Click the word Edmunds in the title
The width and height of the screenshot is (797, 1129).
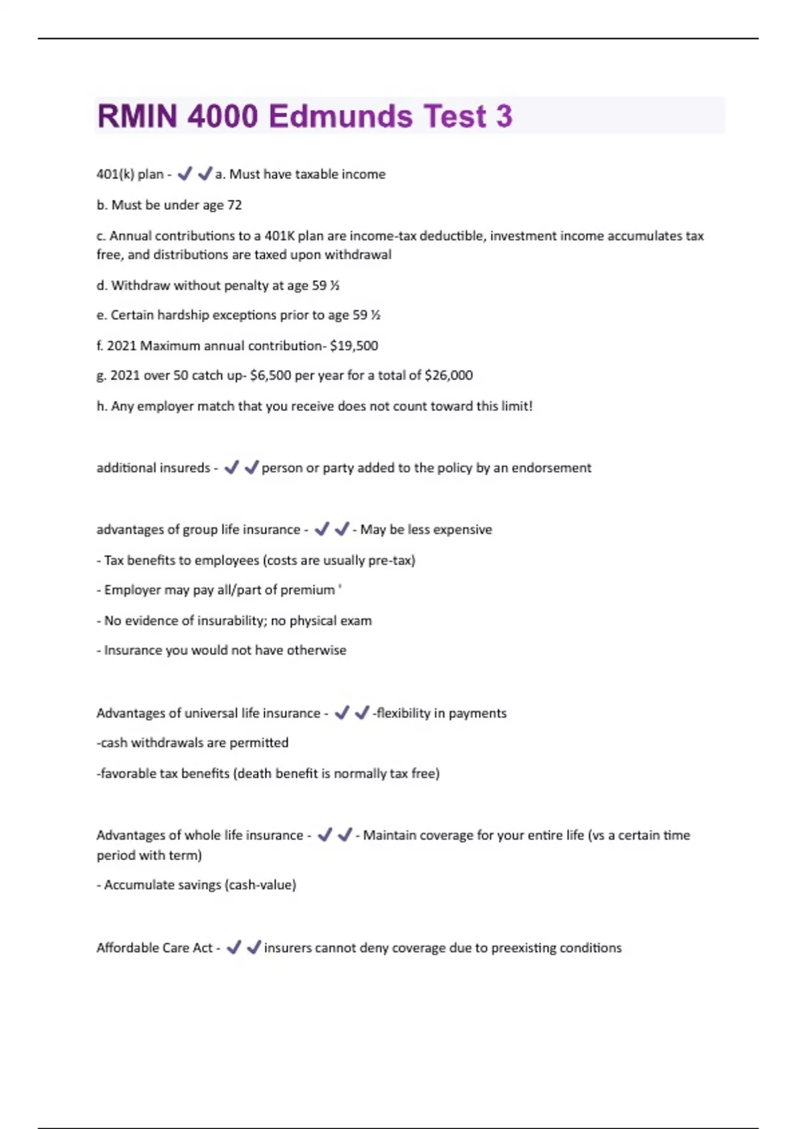(x=341, y=116)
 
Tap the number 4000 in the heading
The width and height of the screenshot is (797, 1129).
(x=222, y=116)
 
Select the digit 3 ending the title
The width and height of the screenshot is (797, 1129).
(x=504, y=116)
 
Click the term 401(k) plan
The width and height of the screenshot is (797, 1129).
(x=130, y=174)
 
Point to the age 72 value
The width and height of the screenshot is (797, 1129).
(x=234, y=205)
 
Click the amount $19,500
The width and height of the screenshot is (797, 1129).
(x=354, y=346)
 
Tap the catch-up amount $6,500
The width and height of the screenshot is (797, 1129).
(x=270, y=375)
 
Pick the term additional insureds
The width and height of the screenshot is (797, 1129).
(x=153, y=468)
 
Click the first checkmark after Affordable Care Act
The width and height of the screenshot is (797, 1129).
(x=233, y=948)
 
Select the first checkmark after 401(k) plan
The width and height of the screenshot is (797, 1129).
(x=185, y=174)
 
